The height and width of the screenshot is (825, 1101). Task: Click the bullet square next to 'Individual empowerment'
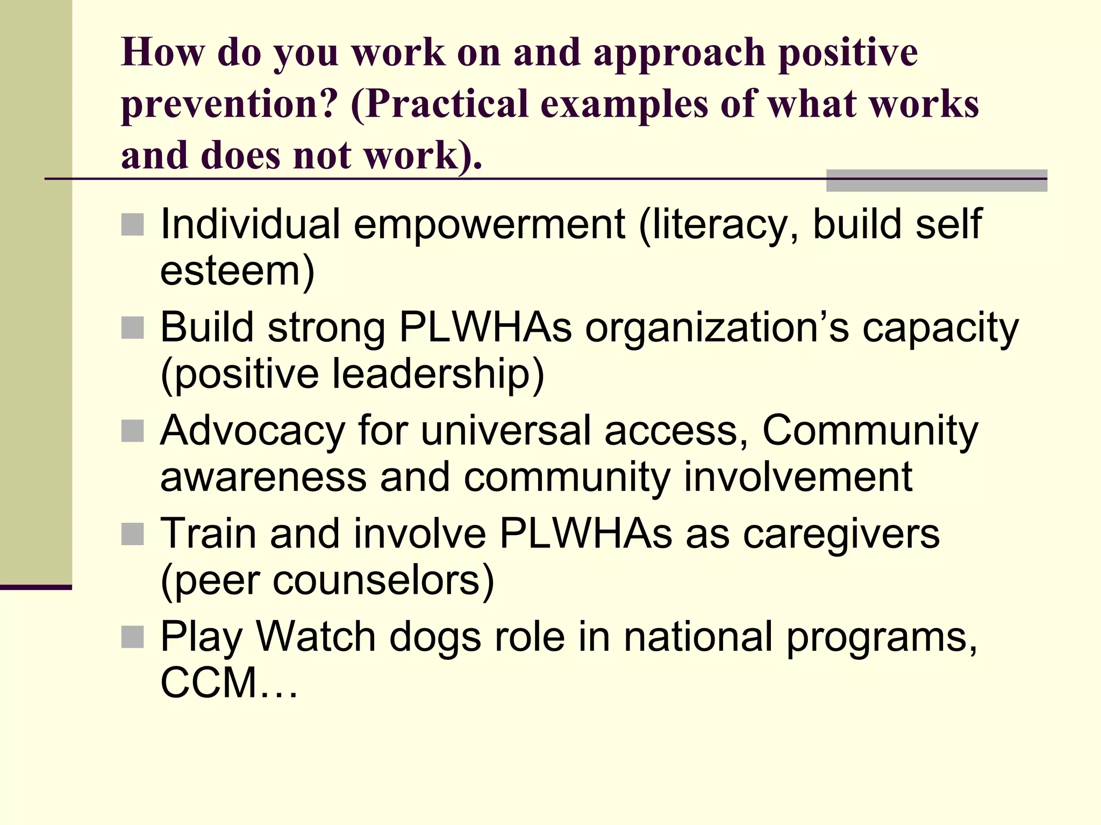coord(132,225)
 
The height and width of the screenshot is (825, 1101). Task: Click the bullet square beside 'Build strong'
coord(132,328)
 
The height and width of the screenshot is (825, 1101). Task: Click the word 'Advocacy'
coord(253,431)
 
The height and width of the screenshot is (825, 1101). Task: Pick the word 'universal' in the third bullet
coord(506,431)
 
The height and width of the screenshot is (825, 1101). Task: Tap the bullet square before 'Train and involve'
coord(132,534)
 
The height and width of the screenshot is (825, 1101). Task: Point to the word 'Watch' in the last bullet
coord(316,637)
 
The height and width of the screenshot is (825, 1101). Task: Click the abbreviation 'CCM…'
coord(228,684)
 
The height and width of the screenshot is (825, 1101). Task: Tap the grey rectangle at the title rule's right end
coord(936,181)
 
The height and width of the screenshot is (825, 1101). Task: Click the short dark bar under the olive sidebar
coord(35,587)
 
